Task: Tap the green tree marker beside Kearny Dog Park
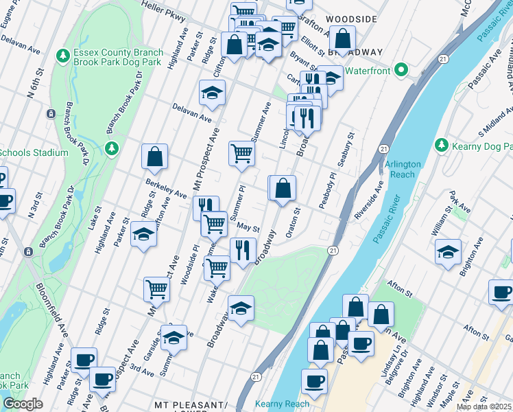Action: (x=442, y=146)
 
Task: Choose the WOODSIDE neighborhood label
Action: (x=351, y=19)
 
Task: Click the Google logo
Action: (x=23, y=404)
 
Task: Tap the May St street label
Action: (x=248, y=227)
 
